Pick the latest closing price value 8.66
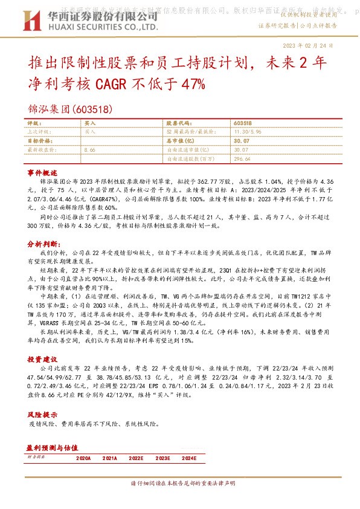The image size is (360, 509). (91, 149)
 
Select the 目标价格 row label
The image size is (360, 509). (40, 140)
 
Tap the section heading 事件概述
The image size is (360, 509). (42, 173)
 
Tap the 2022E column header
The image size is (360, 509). (138, 458)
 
